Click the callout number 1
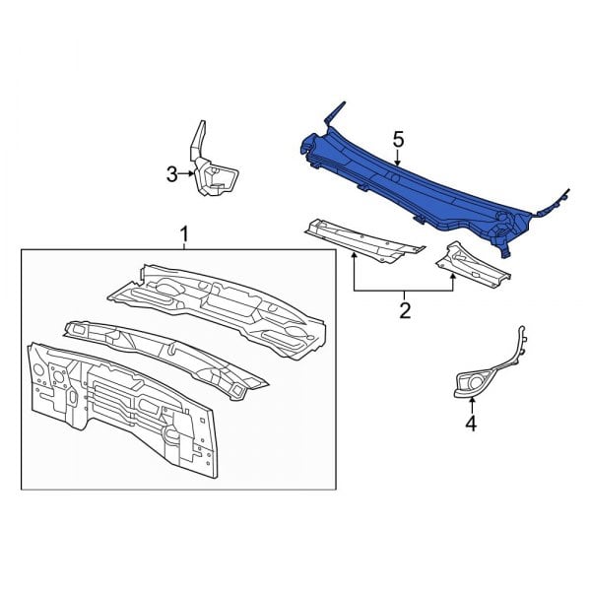tap(184, 232)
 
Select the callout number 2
tap(404, 312)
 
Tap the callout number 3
tap(171, 174)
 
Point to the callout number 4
tap(471, 425)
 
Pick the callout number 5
tap(398, 140)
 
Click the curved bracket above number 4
tap(492, 364)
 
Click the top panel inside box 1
tap(217, 300)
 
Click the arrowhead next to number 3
tap(191, 174)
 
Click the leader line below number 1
tap(184, 245)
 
